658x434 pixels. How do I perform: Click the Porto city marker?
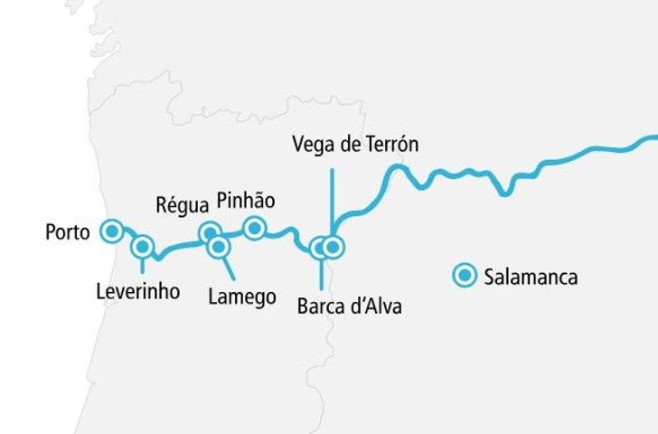pos(111,231)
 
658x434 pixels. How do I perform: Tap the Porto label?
pos(68,232)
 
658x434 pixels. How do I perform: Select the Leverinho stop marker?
pos(142,245)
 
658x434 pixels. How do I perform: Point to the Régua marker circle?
pos(210,232)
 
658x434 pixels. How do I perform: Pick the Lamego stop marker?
pos(217,245)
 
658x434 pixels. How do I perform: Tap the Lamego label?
pos(241,297)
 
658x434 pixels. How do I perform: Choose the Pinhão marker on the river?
pos(255,228)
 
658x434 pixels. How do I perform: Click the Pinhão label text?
pos(246,200)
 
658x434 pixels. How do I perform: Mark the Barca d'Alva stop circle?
pos(319,247)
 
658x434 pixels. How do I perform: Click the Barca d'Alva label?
pos(349,307)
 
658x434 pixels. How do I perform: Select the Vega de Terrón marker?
pos(333,246)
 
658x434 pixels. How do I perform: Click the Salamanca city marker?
pos(465,276)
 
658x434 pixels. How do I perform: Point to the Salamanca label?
pos(531,277)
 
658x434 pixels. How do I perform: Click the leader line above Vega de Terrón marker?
pos(332,194)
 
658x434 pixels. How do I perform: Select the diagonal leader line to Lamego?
pos(227,266)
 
